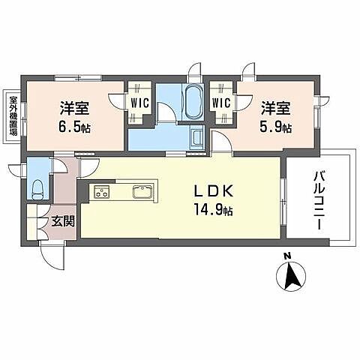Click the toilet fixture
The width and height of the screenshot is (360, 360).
[38, 189]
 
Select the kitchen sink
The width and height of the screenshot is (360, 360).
[142, 192]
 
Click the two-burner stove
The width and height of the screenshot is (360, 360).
[102, 192]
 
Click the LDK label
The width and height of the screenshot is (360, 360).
[214, 192]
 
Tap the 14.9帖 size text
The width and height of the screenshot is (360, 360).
[213, 211]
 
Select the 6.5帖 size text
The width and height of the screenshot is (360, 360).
[74, 127]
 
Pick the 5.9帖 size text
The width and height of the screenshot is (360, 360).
[275, 127]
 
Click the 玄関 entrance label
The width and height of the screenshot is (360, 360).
[63, 221]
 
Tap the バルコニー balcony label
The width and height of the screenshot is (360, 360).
[319, 200]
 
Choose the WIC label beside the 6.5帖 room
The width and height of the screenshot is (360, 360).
[140, 103]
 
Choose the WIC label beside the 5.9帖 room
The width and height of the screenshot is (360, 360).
[221, 103]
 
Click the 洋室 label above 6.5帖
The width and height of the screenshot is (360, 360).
[74, 108]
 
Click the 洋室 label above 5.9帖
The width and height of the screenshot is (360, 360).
[276, 108]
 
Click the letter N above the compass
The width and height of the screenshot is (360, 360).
[287, 256]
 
